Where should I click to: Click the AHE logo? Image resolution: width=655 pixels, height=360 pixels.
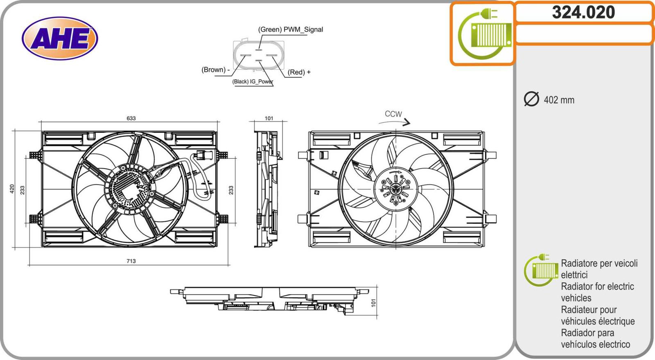coord(60,38)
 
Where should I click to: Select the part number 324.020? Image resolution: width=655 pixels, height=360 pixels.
coord(583,12)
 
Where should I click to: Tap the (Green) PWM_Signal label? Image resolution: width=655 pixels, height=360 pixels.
coord(290,29)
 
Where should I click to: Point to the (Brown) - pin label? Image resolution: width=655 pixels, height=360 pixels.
coord(215,70)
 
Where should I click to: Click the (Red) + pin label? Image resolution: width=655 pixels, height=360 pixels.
coord(299,72)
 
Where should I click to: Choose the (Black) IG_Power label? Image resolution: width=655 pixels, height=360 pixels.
coord(253,81)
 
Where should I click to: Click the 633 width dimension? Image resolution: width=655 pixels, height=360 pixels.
coord(131,118)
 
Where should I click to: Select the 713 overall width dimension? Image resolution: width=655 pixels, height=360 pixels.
coord(131,261)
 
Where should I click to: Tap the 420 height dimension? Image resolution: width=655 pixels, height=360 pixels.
coord(12,189)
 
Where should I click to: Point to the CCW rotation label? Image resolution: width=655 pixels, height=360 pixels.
coord(393,114)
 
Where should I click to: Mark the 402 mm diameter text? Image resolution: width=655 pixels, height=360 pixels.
coord(559,100)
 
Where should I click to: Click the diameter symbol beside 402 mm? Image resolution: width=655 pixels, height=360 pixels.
coord(531,99)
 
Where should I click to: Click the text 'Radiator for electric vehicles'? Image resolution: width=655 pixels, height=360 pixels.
coord(597,292)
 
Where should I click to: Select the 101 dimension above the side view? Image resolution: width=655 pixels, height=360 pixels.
coord(269,118)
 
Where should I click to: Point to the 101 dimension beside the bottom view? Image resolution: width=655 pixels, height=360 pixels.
coord(373,303)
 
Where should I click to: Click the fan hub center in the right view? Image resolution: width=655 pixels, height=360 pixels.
coord(396,189)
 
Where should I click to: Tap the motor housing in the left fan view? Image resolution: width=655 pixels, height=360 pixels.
coord(130,189)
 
